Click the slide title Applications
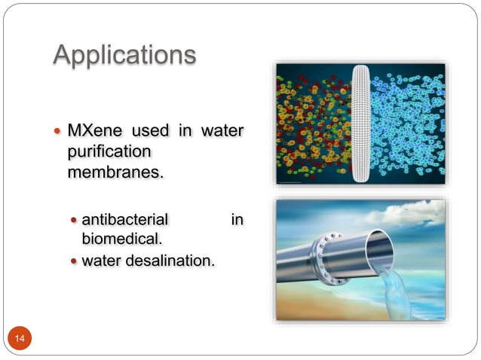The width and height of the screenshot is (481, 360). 124,54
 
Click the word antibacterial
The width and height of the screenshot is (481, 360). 124,220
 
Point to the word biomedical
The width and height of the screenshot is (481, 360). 122,239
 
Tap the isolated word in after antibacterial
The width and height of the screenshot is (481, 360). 237,220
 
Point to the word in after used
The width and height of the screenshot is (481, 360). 183,132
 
